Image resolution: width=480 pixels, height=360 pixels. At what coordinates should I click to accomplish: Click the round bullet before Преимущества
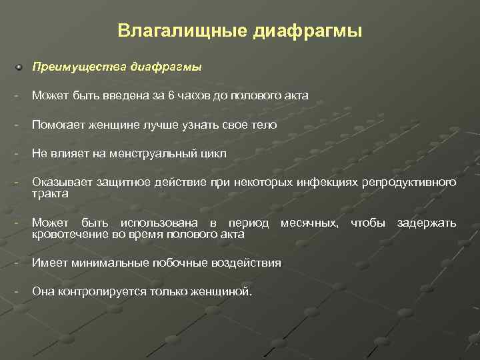point(20,67)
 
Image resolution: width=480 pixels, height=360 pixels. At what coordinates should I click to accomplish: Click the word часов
point(193,96)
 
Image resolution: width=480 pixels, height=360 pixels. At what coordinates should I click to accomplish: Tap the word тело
point(264,125)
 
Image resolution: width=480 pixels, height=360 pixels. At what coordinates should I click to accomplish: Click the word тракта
point(49,193)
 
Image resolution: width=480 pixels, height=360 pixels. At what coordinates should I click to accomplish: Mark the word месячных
point(309,223)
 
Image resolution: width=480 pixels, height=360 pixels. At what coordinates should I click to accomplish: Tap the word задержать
point(427,223)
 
